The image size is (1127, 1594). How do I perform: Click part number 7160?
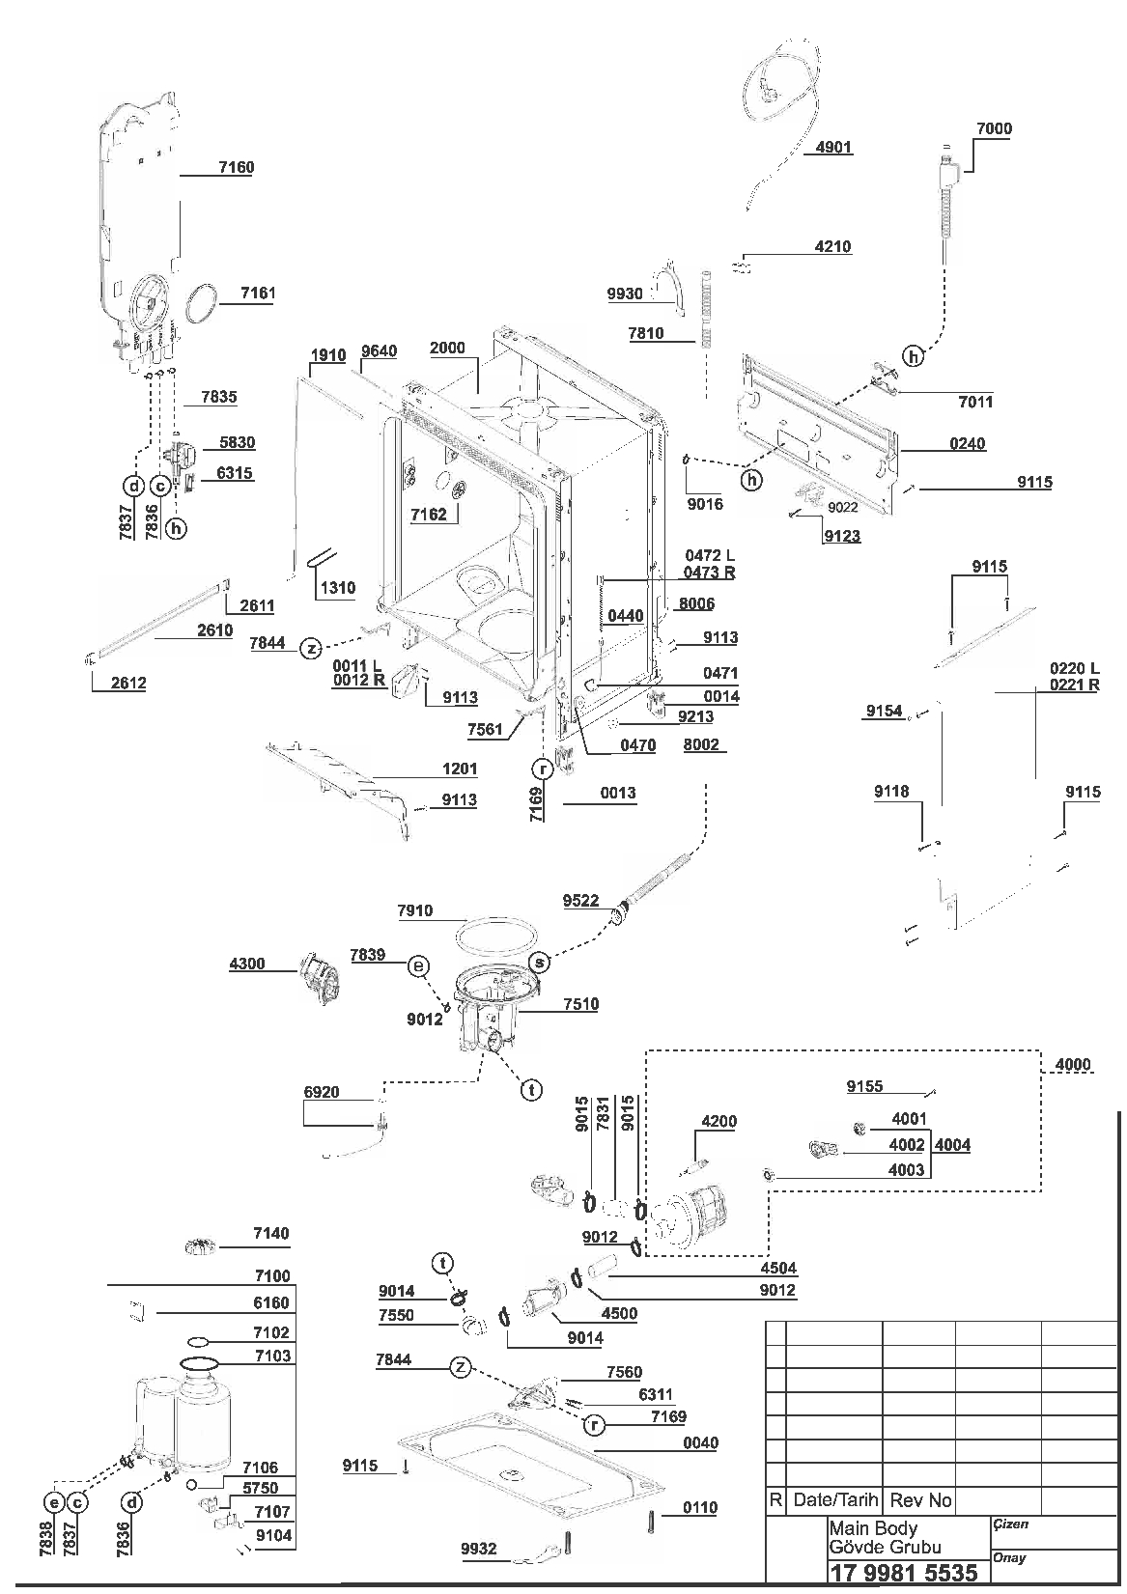(x=237, y=167)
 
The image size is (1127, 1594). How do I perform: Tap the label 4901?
(x=833, y=148)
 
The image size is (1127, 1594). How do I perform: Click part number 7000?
(x=994, y=128)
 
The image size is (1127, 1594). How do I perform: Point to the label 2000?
(x=447, y=348)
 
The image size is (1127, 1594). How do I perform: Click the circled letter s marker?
(x=541, y=963)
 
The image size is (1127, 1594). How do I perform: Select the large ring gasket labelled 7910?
(x=496, y=936)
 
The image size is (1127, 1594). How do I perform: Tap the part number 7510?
(x=581, y=1004)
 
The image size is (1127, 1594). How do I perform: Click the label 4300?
(x=247, y=965)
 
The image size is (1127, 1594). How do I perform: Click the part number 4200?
(x=719, y=1122)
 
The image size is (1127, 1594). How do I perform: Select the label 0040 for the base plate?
(x=700, y=1442)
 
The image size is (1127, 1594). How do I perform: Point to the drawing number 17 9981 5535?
(x=904, y=1572)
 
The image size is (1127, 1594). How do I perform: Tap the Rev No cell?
(x=921, y=1500)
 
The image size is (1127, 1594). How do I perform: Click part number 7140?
(x=271, y=1233)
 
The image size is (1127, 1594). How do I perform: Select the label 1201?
(x=460, y=769)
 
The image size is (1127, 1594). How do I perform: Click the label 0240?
(x=968, y=443)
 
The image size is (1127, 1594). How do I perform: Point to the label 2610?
(x=215, y=630)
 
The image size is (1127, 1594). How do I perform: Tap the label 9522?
(x=581, y=900)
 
